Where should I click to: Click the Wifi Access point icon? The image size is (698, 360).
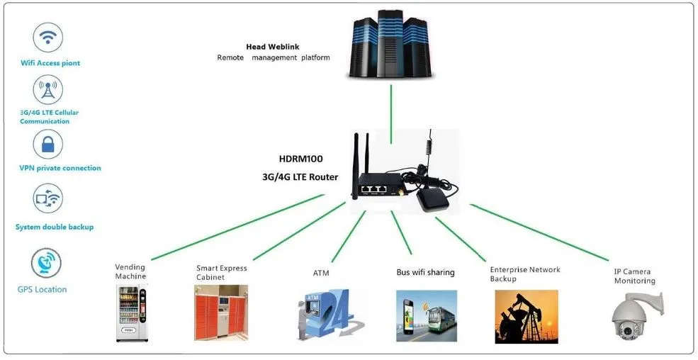(x=48, y=37)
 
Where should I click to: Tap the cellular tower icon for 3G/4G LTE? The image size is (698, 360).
(x=48, y=91)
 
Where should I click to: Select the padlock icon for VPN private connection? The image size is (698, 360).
(x=48, y=145)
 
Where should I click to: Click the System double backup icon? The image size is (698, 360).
(x=48, y=199)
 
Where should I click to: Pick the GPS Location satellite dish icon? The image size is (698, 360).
(x=46, y=263)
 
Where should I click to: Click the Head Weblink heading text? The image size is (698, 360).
(x=266, y=47)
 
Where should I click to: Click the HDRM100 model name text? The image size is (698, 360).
(x=300, y=159)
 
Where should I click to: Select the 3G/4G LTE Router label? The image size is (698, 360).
(x=301, y=177)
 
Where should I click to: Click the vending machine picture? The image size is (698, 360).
(x=133, y=313)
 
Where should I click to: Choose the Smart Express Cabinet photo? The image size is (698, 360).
(x=221, y=313)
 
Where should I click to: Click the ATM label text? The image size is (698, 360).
(x=320, y=273)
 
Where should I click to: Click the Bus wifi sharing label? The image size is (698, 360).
(x=425, y=272)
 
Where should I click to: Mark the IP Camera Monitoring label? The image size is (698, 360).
(x=634, y=276)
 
